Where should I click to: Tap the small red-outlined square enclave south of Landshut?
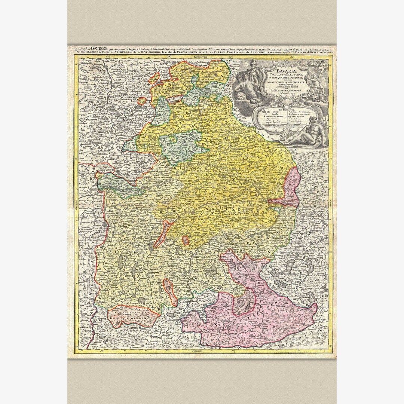[185, 241]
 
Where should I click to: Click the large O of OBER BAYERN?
[119, 252]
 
